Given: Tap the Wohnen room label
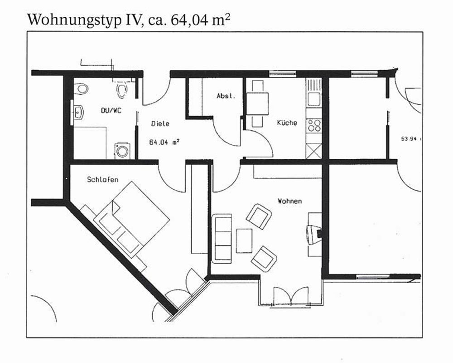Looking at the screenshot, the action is pos(290,201).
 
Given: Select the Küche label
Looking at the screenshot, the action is pos(287,123).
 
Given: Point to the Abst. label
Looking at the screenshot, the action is pos(226,96).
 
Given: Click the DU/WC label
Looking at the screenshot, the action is pos(111,110).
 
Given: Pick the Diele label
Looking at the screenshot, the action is pos(160,123).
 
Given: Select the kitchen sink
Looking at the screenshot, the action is pos(313,99).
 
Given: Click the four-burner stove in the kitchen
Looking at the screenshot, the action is pos(314,125).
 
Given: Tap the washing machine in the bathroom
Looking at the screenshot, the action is pos(122,151).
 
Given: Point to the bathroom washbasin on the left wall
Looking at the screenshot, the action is pos(78,113).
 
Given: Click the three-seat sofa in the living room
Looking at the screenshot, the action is pos(222,239).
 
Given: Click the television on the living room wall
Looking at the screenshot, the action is pos(314,234).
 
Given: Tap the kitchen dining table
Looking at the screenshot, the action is pos(257,103).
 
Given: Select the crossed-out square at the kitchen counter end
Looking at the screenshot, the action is pos(313,151).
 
